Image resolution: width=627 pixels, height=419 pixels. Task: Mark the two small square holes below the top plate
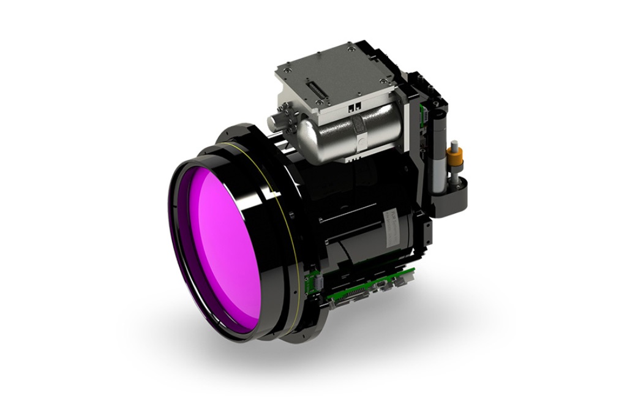click(x=353, y=105)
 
